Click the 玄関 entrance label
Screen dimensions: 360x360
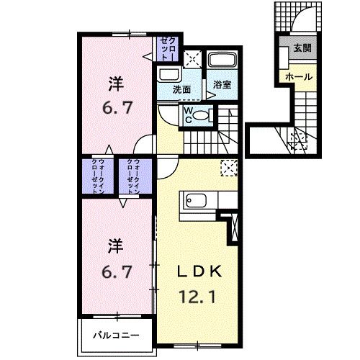pyautogui.click(x=302, y=48)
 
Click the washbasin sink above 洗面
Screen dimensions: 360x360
pyautogui.click(x=171, y=74)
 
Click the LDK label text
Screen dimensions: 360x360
pyautogui.click(x=203, y=271)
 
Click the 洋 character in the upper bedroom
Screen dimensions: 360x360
pyautogui.click(x=115, y=83)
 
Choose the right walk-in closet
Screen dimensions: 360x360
pyautogui.click(x=134, y=175)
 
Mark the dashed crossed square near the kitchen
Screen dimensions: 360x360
pyautogui.click(x=229, y=168)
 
